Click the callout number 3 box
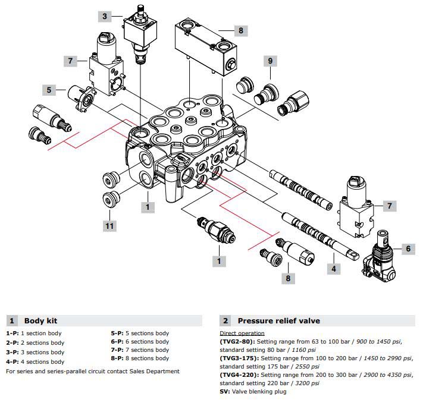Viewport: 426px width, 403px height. coord(104,16)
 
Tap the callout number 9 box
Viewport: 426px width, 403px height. coord(270,61)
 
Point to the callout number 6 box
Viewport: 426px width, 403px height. coord(408,249)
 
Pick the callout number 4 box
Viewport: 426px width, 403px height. coord(334,269)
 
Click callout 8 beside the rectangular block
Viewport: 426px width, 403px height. coord(240,31)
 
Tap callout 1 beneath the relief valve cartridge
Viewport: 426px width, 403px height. coord(219,261)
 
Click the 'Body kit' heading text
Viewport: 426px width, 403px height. coord(40,320)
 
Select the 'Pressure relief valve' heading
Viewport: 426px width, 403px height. coord(278,320)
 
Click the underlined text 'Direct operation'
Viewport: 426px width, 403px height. coord(242,333)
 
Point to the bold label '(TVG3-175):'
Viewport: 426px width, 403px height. coord(239,358)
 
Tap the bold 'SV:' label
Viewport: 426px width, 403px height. coord(225,392)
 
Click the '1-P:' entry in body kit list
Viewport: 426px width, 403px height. coord(13,333)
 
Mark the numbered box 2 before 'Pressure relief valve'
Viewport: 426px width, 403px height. coord(226,320)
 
